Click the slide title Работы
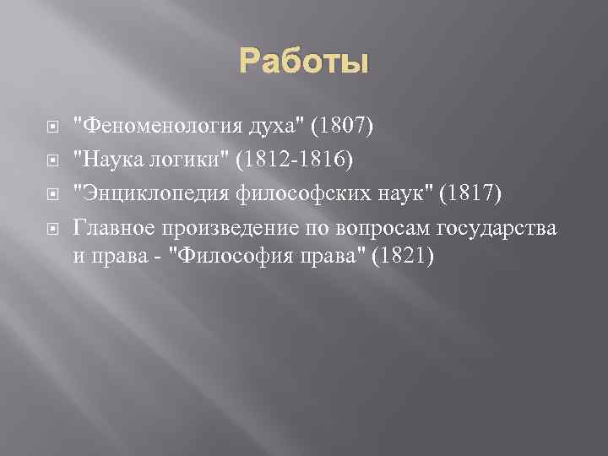tap(304, 62)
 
